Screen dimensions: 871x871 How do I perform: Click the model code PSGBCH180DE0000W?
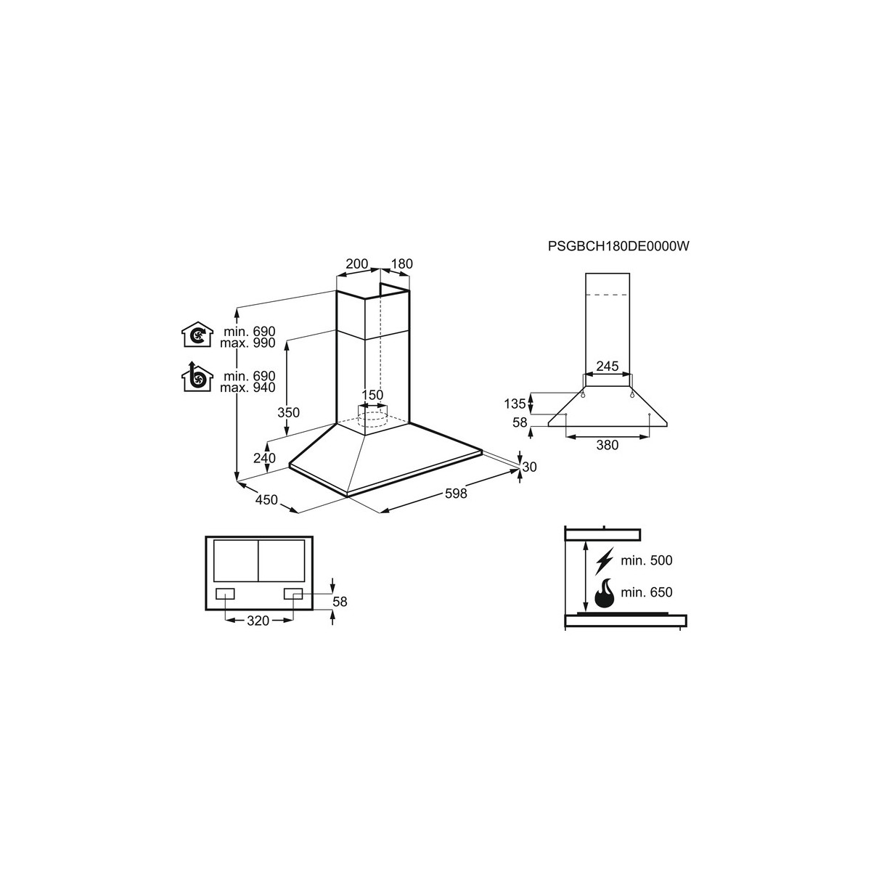coord(618,246)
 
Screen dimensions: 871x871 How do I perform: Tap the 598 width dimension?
coord(456,494)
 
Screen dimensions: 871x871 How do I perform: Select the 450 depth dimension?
coord(266,500)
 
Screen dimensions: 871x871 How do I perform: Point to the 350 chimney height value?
coord(288,413)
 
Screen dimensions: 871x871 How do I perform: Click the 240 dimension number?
coord(264,458)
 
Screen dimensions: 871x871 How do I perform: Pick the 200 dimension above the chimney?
coord(357,263)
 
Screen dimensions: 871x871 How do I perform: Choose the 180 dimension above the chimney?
coord(402,263)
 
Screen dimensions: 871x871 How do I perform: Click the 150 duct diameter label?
coord(372,395)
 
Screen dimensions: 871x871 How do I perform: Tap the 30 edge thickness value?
coord(529,467)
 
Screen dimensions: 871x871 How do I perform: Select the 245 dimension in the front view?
coord(607,366)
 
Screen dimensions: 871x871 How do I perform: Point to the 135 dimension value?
coord(515,404)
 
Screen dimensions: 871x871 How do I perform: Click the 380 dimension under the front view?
coord(607,445)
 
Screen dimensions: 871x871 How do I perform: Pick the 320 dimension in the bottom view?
coord(258,621)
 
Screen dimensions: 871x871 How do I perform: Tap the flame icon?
coord(605,592)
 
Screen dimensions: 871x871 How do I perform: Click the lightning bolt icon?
coord(605,561)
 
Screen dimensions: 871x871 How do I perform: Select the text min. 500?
coord(647,560)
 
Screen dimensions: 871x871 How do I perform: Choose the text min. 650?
coord(647,592)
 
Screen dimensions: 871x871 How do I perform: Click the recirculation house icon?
coord(197,335)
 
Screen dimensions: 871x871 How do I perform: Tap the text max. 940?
coord(248,388)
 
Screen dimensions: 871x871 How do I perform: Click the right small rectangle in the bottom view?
coord(293,594)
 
